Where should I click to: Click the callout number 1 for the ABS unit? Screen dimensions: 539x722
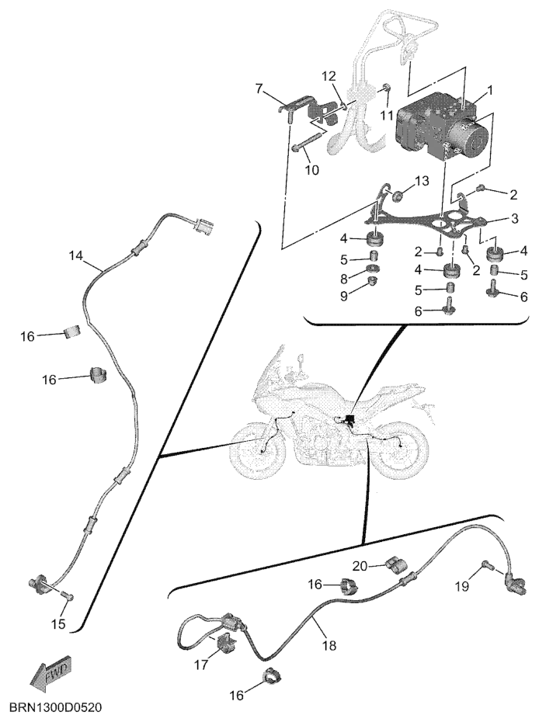click(x=490, y=90)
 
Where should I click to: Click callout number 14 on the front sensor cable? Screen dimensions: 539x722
click(x=76, y=256)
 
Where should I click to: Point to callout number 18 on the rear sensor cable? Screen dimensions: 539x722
click(x=329, y=646)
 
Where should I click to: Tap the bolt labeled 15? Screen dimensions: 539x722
click(x=68, y=596)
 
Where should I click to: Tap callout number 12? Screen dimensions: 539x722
click(x=329, y=75)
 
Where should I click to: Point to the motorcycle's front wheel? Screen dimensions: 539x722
click(x=256, y=449)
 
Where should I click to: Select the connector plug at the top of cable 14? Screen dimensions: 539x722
click(x=202, y=226)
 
